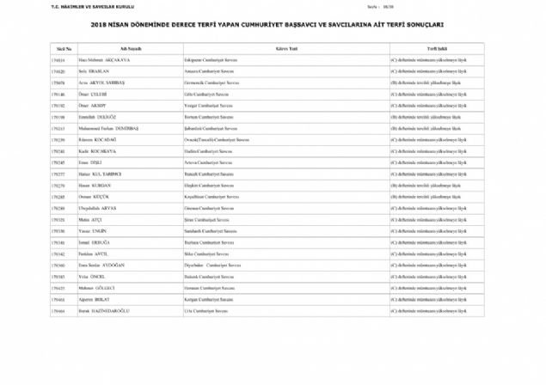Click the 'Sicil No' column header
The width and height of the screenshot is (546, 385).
coord(63,50)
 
